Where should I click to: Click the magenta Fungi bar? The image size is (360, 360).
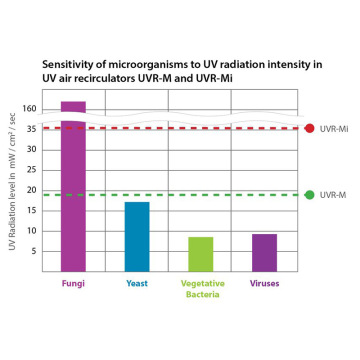[x=73, y=190]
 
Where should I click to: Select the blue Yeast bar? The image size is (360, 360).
[x=137, y=236]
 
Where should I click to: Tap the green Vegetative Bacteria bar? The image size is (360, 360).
[x=201, y=253]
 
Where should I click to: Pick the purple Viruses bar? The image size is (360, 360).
[x=265, y=252]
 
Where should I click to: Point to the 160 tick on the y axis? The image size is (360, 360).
[x=28, y=109]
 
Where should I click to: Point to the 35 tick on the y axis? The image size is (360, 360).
[x=31, y=129]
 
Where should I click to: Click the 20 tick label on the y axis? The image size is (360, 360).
[x=31, y=190]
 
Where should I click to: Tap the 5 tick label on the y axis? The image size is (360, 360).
[x=33, y=250]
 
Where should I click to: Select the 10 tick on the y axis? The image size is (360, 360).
[x=31, y=230]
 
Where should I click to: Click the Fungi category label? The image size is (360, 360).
[x=73, y=283]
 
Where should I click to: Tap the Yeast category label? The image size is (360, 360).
[x=137, y=283]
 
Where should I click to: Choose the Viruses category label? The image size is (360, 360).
[x=265, y=283]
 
